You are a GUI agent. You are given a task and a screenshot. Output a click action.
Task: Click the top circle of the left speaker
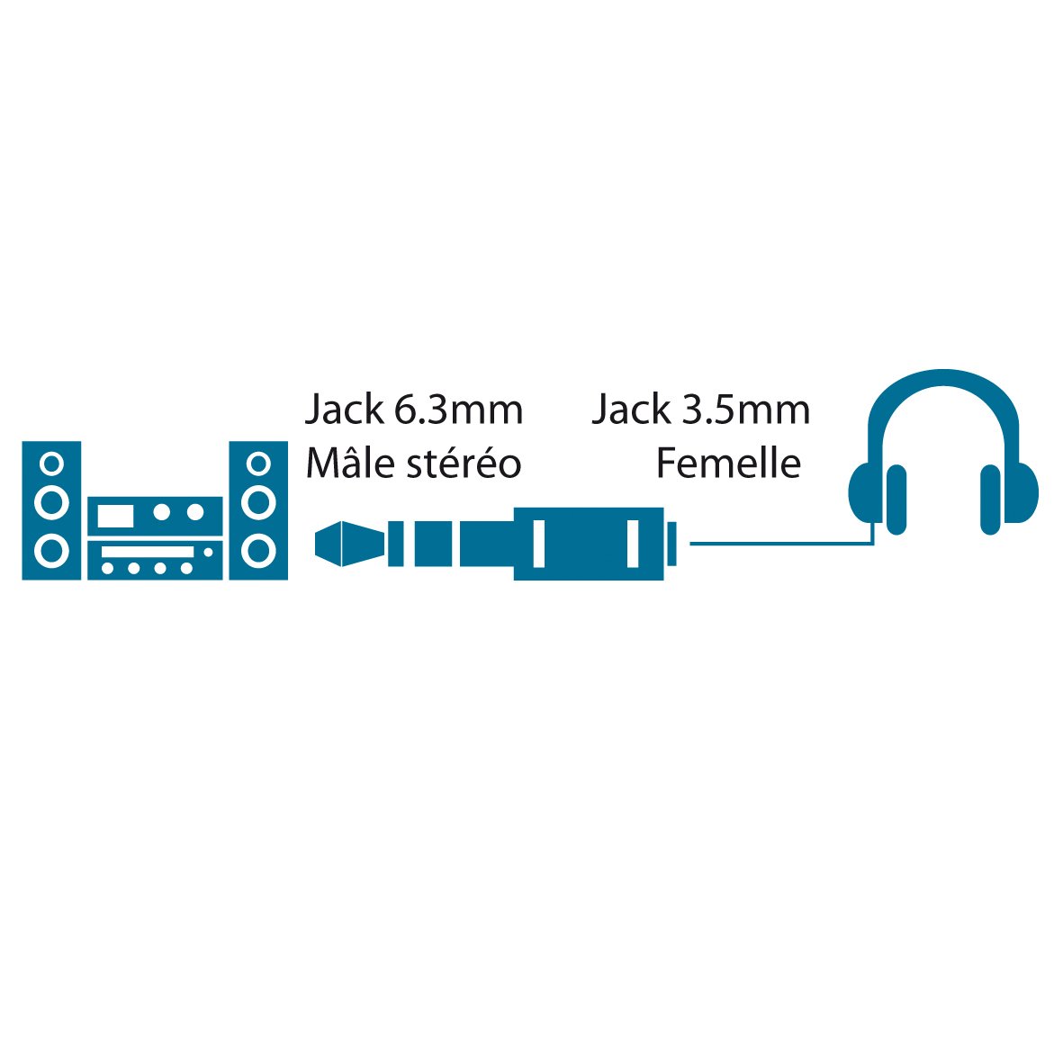51,464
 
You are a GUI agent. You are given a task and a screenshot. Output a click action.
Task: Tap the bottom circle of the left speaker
51,550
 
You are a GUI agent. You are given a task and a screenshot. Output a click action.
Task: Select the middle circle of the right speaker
258,503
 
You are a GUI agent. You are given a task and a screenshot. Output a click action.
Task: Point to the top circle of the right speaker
258,464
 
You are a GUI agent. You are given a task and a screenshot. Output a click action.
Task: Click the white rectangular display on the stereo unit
115,516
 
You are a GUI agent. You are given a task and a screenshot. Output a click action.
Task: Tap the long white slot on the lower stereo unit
148,552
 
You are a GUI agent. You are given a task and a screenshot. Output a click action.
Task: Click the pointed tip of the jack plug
316,544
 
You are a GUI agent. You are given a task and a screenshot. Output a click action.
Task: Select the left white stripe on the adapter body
539,543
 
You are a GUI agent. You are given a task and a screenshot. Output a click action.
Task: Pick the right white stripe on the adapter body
633,543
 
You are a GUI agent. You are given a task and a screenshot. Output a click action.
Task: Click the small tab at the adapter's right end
671,543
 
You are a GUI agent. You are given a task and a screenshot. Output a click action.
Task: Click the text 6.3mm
458,410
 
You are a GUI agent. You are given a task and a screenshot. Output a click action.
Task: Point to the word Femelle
729,463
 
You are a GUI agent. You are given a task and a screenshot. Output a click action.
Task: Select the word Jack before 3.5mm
631,410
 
